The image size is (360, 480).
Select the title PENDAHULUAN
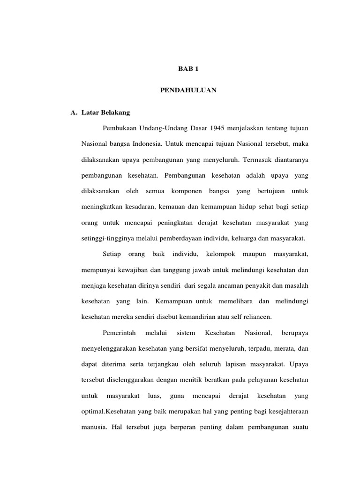coord(188,90)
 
